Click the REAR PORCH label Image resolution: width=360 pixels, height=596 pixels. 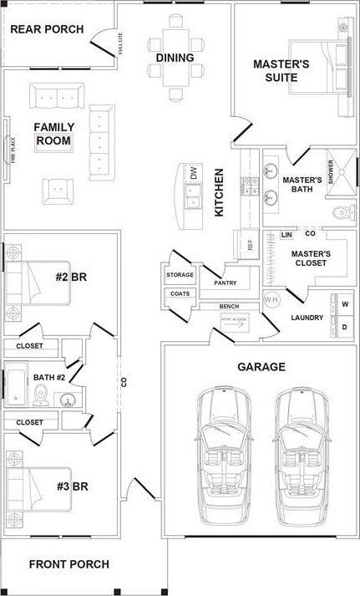[x=47, y=30]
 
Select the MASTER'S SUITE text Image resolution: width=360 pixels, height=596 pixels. [x=281, y=71]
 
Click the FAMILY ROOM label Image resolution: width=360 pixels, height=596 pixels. [x=54, y=134]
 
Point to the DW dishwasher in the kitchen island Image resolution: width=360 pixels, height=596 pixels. [x=193, y=175]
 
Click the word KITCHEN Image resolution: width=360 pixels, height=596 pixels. [x=220, y=193]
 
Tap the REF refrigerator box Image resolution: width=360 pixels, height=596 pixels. [x=249, y=245]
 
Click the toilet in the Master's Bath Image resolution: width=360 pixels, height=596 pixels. [x=339, y=215]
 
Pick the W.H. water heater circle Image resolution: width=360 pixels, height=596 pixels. [x=271, y=300]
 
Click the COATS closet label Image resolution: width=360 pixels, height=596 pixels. [x=180, y=293]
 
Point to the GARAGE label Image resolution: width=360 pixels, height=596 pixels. [x=261, y=366]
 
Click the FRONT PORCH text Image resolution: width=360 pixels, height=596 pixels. [x=68, y=564]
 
